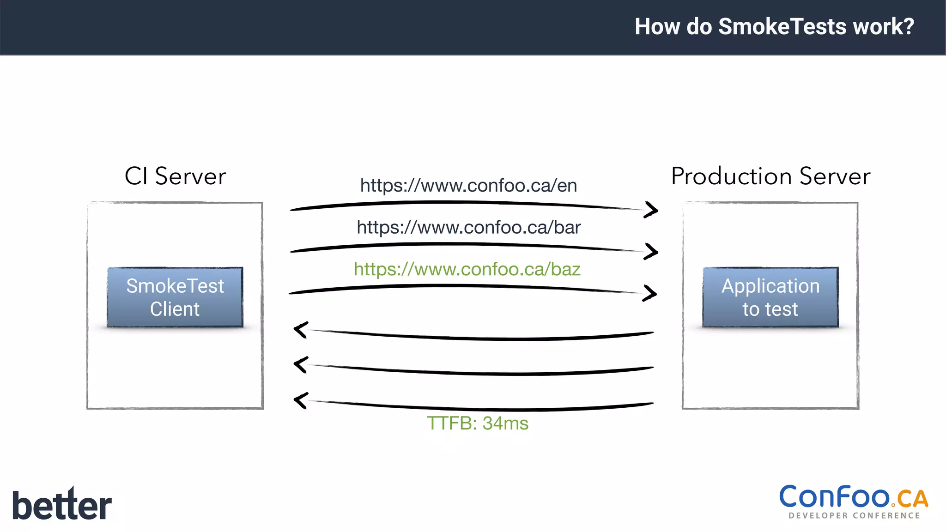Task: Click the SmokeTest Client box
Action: pos(175,297)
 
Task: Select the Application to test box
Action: pos(770,297)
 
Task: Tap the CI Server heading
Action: pos(176,176)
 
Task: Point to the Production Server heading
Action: pos(770,176)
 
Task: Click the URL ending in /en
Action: pos(468,186)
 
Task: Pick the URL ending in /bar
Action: pos(468,227)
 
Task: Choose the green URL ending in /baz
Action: pos(467,269)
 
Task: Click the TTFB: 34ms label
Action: pos(478,423)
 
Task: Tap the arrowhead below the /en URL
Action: pos(651,210)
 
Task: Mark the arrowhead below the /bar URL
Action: pos(651,252)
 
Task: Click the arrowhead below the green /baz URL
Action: pos(650,293)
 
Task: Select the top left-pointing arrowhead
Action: pos(301,330)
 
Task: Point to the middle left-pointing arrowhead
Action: pos(301,364)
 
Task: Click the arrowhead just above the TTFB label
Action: pos(301,400)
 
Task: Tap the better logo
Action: pos(62,504)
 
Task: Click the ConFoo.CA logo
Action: pos(854,498)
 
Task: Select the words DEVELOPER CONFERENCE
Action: pos(855,515)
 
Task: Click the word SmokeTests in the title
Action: pos(783,26)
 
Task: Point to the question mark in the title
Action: pos(909,26)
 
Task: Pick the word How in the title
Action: pos(658,26)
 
